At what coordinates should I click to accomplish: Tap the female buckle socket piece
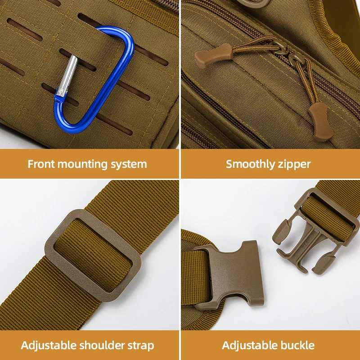(230, 272)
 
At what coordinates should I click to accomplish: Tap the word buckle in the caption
(297, 346)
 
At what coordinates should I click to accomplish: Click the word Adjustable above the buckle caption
(249, 346)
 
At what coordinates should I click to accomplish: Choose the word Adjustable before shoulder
(48, 346)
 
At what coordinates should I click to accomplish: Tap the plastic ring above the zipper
(252, 3)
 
